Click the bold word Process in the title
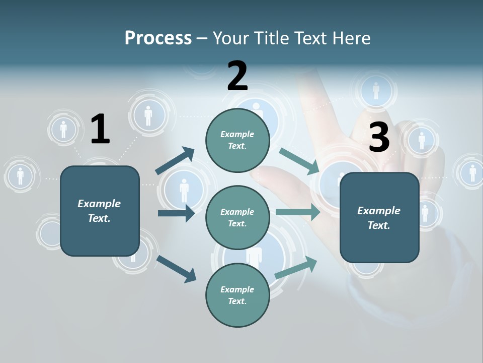pos(158,38)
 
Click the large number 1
pos(100,129)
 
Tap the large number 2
pos(237,76)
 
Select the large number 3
pos(379,137)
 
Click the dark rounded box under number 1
pos(100,211)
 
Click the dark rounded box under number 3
pos(379,218)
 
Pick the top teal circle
pos(237,140)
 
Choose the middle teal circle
pos(237,218)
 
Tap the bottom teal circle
pos(237,295)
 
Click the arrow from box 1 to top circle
pos(175,161)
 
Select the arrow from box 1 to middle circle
pos(176,213)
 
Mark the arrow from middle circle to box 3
pos(298,212)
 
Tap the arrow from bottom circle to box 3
pos(296,267)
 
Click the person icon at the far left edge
pos(20,176)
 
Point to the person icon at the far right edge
pos(472,172)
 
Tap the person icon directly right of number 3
pos(422,140)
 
